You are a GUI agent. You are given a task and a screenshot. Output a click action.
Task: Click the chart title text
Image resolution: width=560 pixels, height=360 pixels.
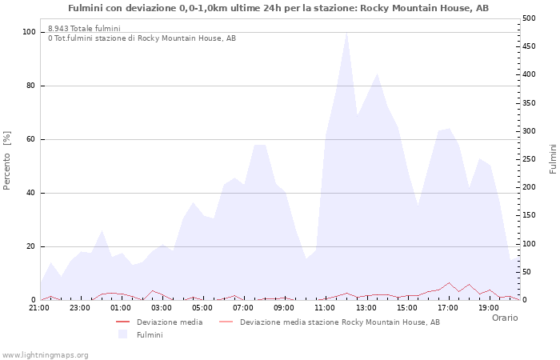click(x=278, y=8)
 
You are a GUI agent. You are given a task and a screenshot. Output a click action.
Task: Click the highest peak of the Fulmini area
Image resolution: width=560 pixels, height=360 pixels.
click(x=346, y=33)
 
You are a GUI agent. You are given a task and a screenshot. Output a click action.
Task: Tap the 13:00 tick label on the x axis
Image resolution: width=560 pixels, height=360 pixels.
click(x=366, y=308)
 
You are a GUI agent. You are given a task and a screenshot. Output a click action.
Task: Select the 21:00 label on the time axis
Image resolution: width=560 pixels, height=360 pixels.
click(x=39, y=308)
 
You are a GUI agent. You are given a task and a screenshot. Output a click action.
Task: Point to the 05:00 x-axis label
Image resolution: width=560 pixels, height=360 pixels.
click(x=202, y=308)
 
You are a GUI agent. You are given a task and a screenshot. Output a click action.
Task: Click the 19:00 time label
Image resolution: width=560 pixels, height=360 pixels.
click(x=489, y=308)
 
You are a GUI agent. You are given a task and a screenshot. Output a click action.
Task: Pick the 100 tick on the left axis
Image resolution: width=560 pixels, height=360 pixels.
click(x=29, y=32)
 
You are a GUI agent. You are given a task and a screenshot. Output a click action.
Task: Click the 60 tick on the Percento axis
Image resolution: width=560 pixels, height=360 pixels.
click(x=31, y=139)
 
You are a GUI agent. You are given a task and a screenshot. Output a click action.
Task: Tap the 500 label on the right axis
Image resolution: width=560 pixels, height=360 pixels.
click(x=529, y=18)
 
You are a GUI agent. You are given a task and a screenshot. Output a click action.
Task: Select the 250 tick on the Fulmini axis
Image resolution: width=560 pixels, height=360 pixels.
click(x=529, y=159)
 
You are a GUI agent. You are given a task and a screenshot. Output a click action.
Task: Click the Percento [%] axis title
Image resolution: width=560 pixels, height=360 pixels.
click(x=6, y=161)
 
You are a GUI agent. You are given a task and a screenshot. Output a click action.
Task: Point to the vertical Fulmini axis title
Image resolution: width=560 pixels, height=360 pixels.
click(x=553, y=159)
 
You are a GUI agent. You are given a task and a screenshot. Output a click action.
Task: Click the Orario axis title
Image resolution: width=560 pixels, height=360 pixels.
click(x=505, y=318)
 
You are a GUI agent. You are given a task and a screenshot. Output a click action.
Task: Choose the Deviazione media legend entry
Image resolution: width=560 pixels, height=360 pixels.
click(x=159, y=322)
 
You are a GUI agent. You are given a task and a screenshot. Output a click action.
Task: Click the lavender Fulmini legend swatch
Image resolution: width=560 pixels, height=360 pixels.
click(x=122, y=334)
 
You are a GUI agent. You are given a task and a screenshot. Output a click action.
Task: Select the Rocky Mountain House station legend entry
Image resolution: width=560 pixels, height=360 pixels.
click(x=330, y=322)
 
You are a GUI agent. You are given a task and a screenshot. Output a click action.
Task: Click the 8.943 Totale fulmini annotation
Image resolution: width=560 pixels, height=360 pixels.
click(x=84, y=28)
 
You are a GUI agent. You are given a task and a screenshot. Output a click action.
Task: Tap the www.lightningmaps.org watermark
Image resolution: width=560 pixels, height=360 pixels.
click(x=45, y=355)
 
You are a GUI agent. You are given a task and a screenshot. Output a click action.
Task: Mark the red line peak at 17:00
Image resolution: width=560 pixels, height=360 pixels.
click(x=449, y=283)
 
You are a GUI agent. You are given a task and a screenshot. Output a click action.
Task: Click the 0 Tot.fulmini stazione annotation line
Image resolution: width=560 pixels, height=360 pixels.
click(x=142, y=38)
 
